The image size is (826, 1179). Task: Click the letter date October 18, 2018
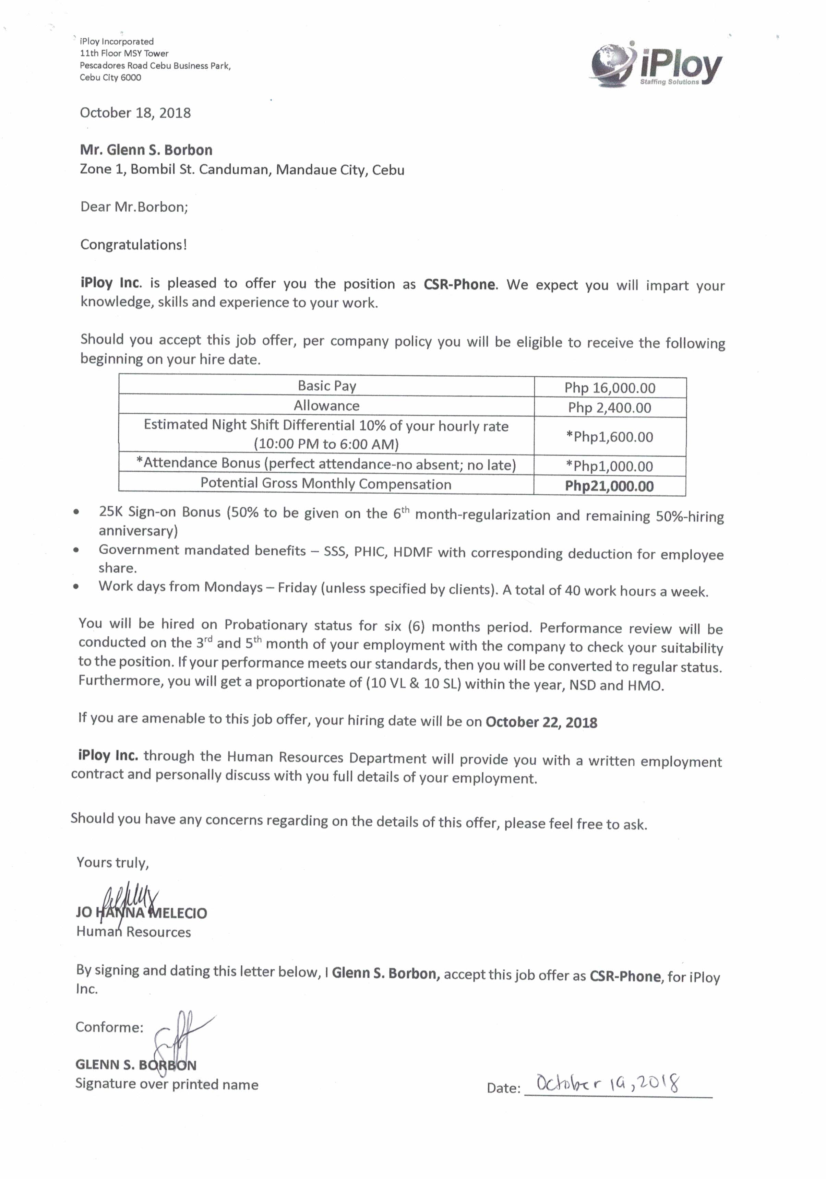[x=135, y=113]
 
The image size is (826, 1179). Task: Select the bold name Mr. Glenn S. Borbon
[x=146, y=150]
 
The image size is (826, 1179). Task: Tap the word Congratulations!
[x=133, y=245]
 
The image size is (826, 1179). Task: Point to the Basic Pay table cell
[x=326, y=386]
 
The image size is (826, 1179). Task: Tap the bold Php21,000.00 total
[x=609, y=486]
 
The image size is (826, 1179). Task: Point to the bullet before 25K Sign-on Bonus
[x=76, y=512]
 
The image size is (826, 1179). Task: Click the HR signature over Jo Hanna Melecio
[x=128, y=899]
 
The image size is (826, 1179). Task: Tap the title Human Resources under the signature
[x=133, y=932]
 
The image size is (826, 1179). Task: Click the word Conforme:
[x=109, y=1027]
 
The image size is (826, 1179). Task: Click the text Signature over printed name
[x=167, y=1085]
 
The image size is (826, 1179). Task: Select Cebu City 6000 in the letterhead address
[x=110, y=78]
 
